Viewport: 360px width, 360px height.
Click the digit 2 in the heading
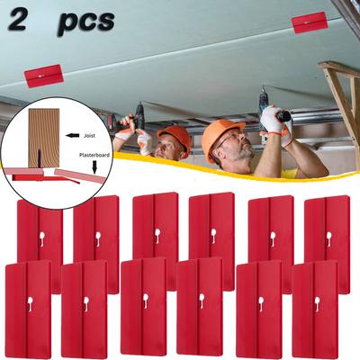(18, 20)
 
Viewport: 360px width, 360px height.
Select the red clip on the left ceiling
(43, 76)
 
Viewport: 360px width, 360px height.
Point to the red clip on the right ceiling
(309, 22)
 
